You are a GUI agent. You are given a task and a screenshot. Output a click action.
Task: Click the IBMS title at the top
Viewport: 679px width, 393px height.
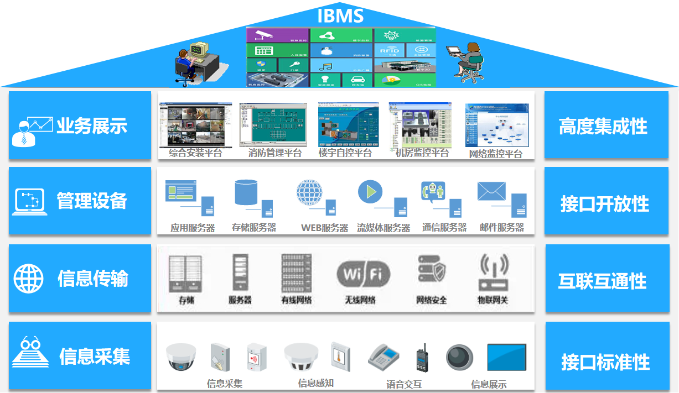pyautogui.click(x=340, y=15)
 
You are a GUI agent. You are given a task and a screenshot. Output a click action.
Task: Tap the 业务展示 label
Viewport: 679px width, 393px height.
pyautogui.click(x=92, y=126)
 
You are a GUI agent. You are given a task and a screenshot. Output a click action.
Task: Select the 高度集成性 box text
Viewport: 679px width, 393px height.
pyautogui.click(x=603, y=127)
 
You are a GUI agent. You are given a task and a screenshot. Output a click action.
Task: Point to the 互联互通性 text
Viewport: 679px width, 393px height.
pyautogui.click(x=603, y=281)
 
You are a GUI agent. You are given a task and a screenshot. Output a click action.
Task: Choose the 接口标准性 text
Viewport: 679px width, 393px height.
pyautogui.click(x=605, y=363)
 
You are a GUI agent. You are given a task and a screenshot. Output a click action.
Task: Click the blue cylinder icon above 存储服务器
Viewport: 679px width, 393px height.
pyautogui.click(x=247, y=192)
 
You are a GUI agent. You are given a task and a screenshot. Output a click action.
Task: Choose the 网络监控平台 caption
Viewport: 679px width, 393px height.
pyautogui.click(x=495, y=154)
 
